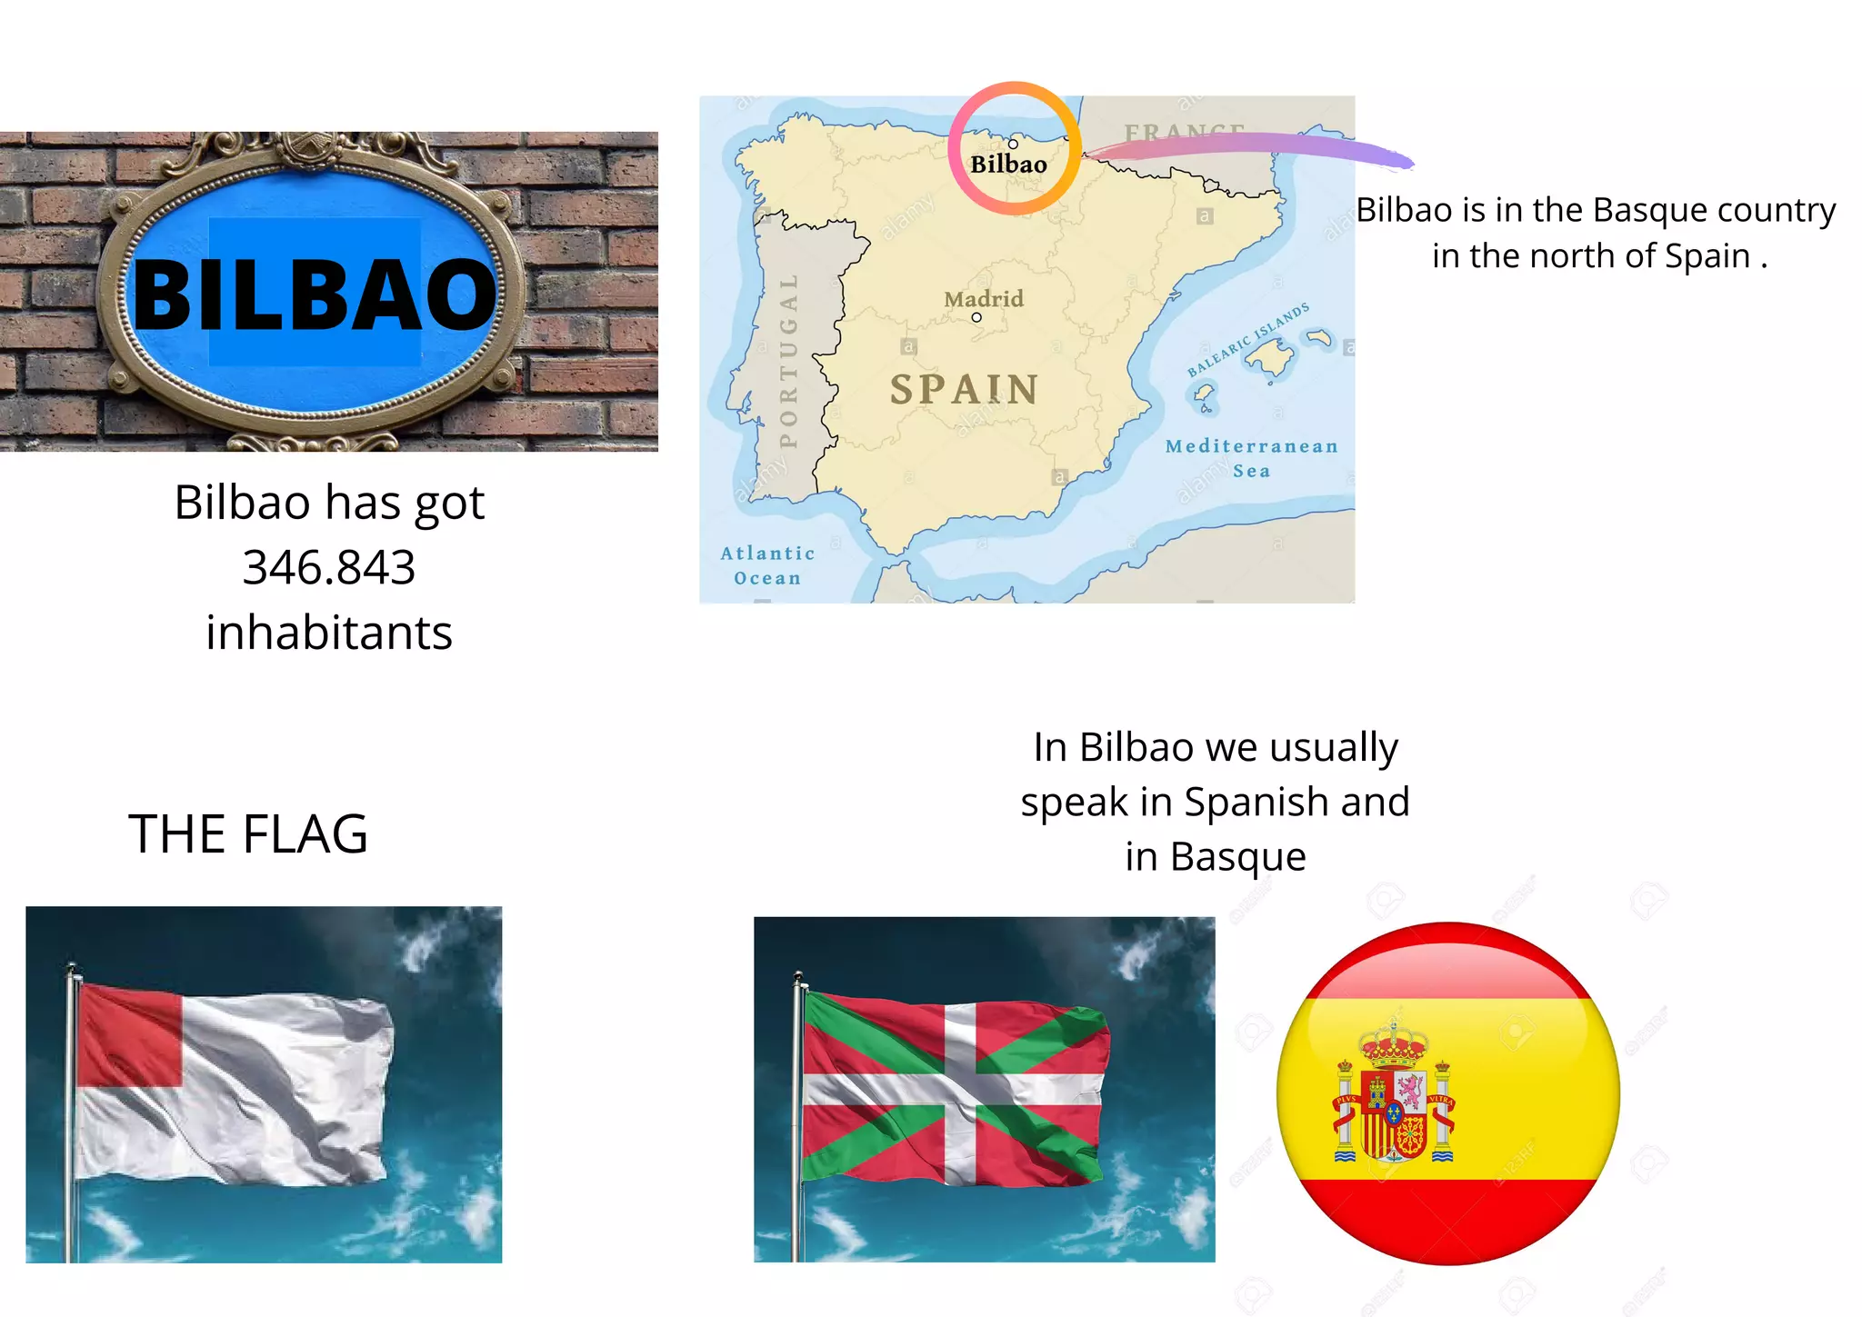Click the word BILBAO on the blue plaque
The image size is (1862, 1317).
tap(315, 294)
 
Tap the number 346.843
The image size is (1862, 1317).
tap(329, 568)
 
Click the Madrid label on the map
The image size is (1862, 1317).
tap(983, 299)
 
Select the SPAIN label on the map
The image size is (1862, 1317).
tap(964, 390)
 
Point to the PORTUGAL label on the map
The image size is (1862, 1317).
tap(789, 361)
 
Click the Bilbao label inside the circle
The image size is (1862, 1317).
tap(1008, 165)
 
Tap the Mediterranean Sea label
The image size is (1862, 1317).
tap(1251, 458)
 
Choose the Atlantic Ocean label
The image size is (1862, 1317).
tap(767, 565)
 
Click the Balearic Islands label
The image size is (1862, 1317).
tap(1248, 339)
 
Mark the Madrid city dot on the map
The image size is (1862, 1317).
tap(976, 317)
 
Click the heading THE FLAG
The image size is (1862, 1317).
tap(248, 834)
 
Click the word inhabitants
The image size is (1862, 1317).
tap(329, 633)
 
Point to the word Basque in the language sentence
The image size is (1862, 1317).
tap(1237, 857)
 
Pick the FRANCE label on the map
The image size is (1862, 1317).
tap(1184, 133)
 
